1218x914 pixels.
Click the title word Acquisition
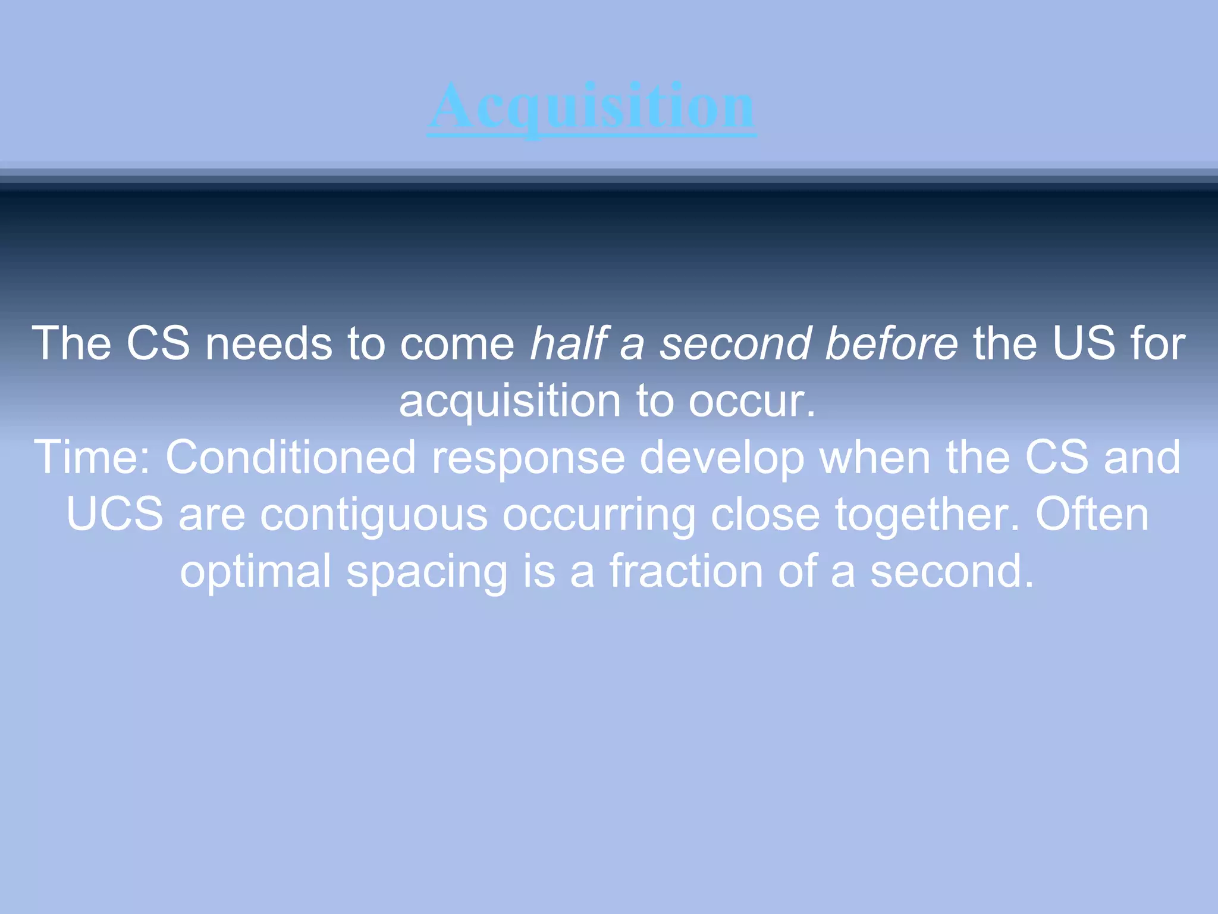pyautogui.click(x=592, y=107)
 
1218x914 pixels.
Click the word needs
pyautogui.click(x=268, y=344)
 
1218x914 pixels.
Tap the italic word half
pyautogui.click(x=567, y=344)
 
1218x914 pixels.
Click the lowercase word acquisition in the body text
pyautogui.click(x=510, y=401)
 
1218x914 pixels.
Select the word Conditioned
pyautogui.click(x=290, y=458)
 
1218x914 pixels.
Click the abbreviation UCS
pyautogui.click(x=115, y=515)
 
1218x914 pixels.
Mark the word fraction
pyautogui.click(x=686, y=571)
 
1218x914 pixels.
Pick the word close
pyautogui.click(x=765, y=514)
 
